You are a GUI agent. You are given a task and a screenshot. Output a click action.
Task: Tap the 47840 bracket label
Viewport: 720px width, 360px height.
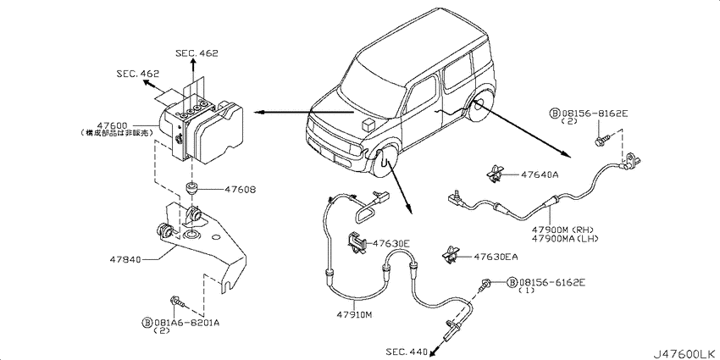(x=126, y=260)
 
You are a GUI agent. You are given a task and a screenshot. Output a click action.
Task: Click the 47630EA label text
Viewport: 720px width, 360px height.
(x=496, y=257)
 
